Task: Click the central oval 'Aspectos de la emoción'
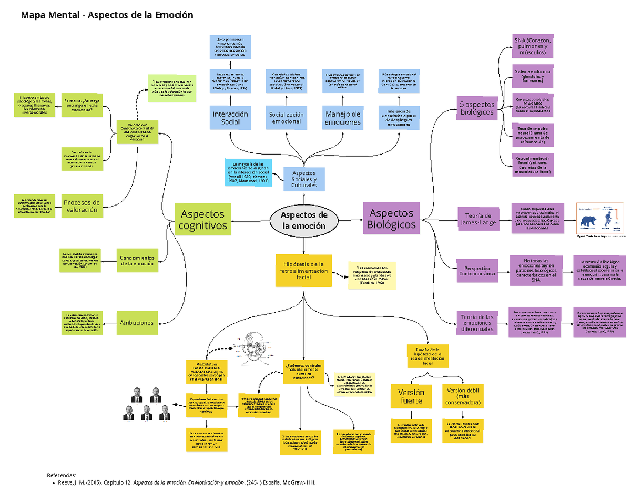[303, 221]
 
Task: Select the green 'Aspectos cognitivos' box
[202, 220]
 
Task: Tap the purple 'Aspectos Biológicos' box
[392, 219]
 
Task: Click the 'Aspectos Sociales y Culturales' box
[304, 179]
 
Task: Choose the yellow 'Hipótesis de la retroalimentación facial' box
[304, 271]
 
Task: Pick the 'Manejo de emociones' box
[342, 118]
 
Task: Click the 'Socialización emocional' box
[287, 118]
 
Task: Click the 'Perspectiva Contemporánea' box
[477, 270]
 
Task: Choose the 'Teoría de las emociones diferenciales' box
[477, 322]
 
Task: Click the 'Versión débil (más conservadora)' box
[463, 396]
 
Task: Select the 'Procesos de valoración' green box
[81, 206]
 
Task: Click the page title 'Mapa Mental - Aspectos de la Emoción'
[107, 15]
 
